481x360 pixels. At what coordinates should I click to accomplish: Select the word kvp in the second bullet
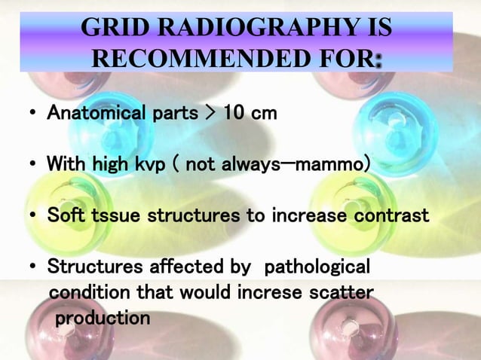156,163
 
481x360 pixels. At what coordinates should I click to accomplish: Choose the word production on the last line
103,317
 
